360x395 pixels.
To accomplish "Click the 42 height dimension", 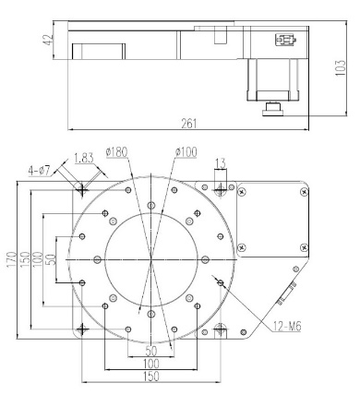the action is pos(49,40).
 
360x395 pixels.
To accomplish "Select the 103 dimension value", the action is pos(340,67).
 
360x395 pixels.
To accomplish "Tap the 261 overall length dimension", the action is pos(188,124).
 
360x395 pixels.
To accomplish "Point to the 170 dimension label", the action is pos(12,259).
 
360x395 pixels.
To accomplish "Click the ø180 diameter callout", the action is pos(116,152).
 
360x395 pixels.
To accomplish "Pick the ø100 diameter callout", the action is pos(186,152).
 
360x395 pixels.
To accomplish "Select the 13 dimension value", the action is pos(220,163).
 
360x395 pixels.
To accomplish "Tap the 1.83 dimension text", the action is pos(84,158).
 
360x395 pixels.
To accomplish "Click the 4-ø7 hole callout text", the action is pos(39,171).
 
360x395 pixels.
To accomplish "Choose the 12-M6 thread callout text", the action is pos(287,326).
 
